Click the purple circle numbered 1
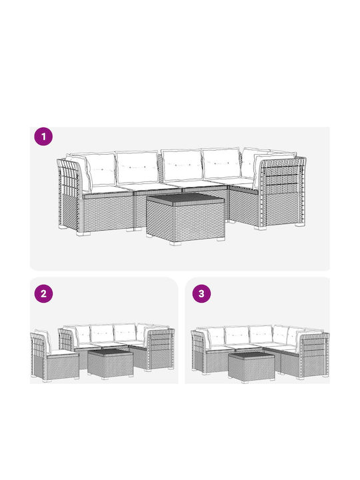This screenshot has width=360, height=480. coord(43,137)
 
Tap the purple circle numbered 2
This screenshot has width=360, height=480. coord(43,294)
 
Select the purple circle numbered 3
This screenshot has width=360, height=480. coord(201,294)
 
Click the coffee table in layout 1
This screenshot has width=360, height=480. coord(185,218)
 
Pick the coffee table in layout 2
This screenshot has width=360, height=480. coord(110,364)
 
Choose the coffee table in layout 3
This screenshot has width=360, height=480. coord(251,367)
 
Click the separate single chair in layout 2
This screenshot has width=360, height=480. coord(54,357)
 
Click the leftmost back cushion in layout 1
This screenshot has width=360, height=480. coord(101,169)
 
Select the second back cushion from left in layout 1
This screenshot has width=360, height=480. coord(137,167)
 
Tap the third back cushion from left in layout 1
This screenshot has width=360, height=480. coord(182,165)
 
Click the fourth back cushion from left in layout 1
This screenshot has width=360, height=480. coord(221,164)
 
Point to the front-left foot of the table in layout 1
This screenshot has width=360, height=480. coord(176,243)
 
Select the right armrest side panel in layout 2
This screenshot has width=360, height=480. coord(161,349)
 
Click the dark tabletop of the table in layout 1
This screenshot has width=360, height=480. coord(185,199)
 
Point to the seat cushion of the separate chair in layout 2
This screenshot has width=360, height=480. coord(63,353)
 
